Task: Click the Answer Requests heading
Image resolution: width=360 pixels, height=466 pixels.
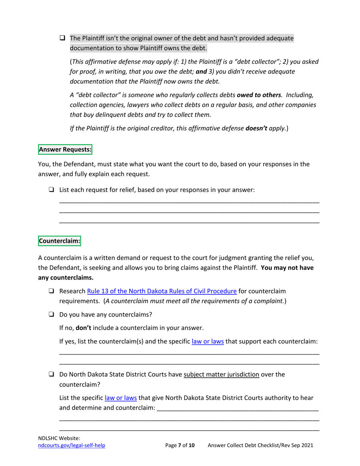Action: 65,149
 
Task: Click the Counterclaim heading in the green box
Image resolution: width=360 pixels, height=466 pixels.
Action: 59,241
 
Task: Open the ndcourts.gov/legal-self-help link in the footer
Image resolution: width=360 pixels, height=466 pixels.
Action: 72,446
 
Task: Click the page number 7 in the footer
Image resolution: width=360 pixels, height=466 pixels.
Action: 180,446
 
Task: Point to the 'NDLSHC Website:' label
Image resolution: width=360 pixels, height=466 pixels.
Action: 56,438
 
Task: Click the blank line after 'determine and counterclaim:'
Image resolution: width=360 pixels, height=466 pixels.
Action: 238,410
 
